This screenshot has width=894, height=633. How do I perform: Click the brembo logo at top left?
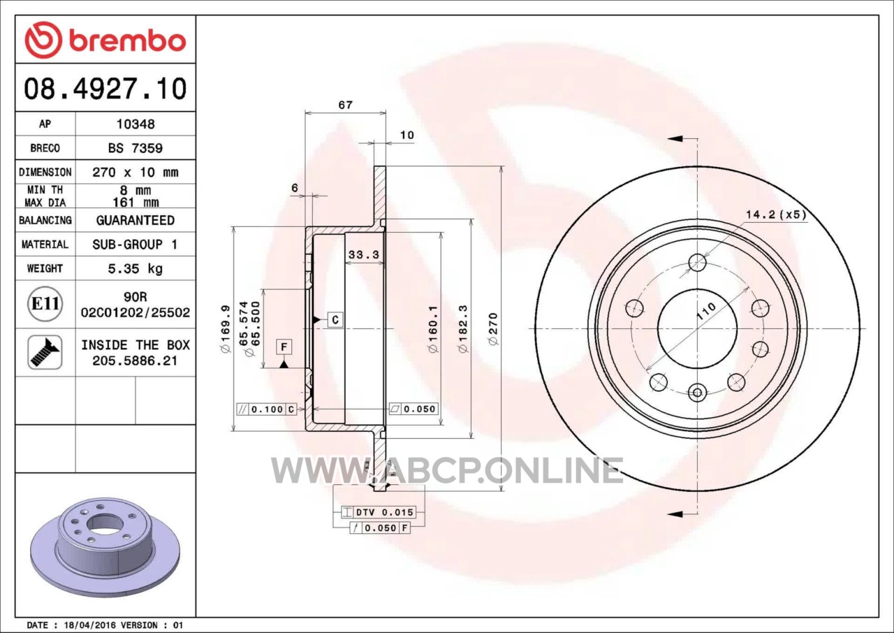[x=105, y=41]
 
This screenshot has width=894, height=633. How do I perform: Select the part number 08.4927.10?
[x=105, y=89]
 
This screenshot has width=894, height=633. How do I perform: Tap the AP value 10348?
[x=135, y=124]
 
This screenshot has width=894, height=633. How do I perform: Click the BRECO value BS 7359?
[x=135, y=148]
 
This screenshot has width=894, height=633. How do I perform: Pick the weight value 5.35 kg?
[x=135, y=268]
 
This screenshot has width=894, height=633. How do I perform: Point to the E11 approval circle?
[x=45, y=304]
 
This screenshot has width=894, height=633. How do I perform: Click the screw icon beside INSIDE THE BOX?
[x=45, y=352]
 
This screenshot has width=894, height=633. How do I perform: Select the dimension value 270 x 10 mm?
[x=135, y=173]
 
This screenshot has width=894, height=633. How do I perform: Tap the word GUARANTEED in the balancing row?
[x=135, y=220]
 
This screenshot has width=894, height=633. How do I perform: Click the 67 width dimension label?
[x=346, y=105]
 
